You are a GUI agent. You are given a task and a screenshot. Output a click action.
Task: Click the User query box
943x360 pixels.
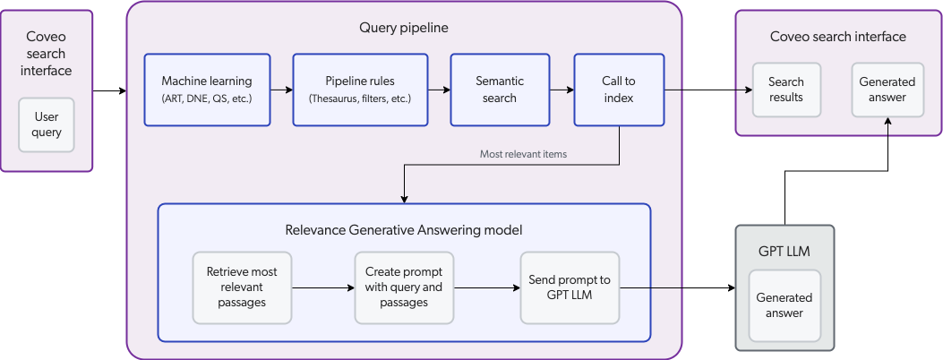tap(47, 124)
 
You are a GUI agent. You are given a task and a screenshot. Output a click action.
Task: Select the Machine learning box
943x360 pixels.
tap(207, 90)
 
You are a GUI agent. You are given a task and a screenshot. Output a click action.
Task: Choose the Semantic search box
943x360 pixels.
tap(499, 90)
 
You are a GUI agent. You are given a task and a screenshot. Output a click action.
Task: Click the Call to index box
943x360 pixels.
tap(618, 90)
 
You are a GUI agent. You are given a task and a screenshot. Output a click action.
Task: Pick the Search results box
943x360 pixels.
tap(785, 90)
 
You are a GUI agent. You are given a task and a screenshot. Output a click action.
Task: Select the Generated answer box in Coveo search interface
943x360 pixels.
tap(887, 90)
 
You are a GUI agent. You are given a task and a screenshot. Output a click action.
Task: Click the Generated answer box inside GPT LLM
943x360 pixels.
tap(784, 305)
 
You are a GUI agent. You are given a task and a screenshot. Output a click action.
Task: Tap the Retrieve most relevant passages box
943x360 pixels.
tap(242, 287)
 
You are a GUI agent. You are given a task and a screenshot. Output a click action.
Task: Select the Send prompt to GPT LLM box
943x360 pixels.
tap(570, 287)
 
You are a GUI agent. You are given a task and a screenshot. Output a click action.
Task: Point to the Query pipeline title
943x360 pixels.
tap(403, 28)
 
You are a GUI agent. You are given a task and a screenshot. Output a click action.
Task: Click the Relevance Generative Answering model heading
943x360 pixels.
tap(403, 230)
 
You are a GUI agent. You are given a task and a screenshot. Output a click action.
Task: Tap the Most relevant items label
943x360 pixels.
tap(523, 154)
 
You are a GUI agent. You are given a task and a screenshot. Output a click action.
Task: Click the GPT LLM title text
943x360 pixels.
tap(784, 251)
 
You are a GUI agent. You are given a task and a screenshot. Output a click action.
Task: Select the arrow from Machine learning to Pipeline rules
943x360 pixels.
tap(281, 90)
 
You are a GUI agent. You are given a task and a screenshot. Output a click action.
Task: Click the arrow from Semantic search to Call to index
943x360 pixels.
tap(561, 90)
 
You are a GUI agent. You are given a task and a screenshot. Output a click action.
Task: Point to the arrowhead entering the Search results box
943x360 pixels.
tap(747, 90)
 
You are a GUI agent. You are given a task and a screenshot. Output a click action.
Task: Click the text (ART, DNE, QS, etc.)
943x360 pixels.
tap(207, 98)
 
